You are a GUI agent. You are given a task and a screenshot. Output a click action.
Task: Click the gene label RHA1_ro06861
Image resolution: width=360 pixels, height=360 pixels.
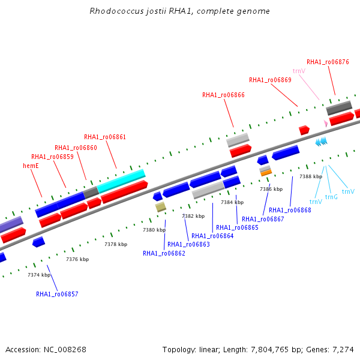click(105, 137)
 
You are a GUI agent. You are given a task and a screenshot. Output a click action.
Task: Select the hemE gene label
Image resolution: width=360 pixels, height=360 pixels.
click(31, 166)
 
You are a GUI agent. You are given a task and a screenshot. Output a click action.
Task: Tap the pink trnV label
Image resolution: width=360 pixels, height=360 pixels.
click(299, 71)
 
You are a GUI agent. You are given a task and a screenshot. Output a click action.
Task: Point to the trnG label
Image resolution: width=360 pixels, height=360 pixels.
click(331, 197)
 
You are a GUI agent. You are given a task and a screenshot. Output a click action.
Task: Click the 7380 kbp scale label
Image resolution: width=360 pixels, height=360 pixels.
click(154, 230)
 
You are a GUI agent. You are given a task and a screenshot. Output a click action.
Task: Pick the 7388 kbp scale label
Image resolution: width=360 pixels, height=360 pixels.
click(311, 176)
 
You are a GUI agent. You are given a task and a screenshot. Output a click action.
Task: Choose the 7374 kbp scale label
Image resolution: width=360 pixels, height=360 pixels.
click(39, 275)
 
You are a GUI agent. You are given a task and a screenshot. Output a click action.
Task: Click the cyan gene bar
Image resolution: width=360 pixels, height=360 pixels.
click(121, 181)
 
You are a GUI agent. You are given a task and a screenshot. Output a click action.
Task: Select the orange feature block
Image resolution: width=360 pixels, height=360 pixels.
click(266, 173)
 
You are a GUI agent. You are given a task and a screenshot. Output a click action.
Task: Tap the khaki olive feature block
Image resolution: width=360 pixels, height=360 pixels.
click(160, 207)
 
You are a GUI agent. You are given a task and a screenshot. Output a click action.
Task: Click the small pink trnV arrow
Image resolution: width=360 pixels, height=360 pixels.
click(326, 123)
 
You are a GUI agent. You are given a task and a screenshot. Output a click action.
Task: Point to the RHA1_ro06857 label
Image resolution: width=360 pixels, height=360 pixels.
click(57, 294)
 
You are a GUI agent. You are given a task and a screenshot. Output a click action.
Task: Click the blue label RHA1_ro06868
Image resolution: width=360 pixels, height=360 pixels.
click(290, 210)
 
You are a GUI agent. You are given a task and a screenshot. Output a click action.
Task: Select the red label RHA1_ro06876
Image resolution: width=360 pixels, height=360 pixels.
click(328, 62)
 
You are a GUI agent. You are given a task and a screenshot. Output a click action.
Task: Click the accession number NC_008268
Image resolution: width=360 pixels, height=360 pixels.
click(65, 350)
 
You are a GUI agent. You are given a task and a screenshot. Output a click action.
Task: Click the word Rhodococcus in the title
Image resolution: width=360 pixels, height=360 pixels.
click(116, 11)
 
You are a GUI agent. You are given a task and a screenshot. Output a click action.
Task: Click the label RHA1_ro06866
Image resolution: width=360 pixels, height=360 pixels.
click(223, 95)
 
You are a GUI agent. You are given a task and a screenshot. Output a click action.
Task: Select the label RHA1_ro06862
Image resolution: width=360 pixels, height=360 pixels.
click(164, 253)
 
